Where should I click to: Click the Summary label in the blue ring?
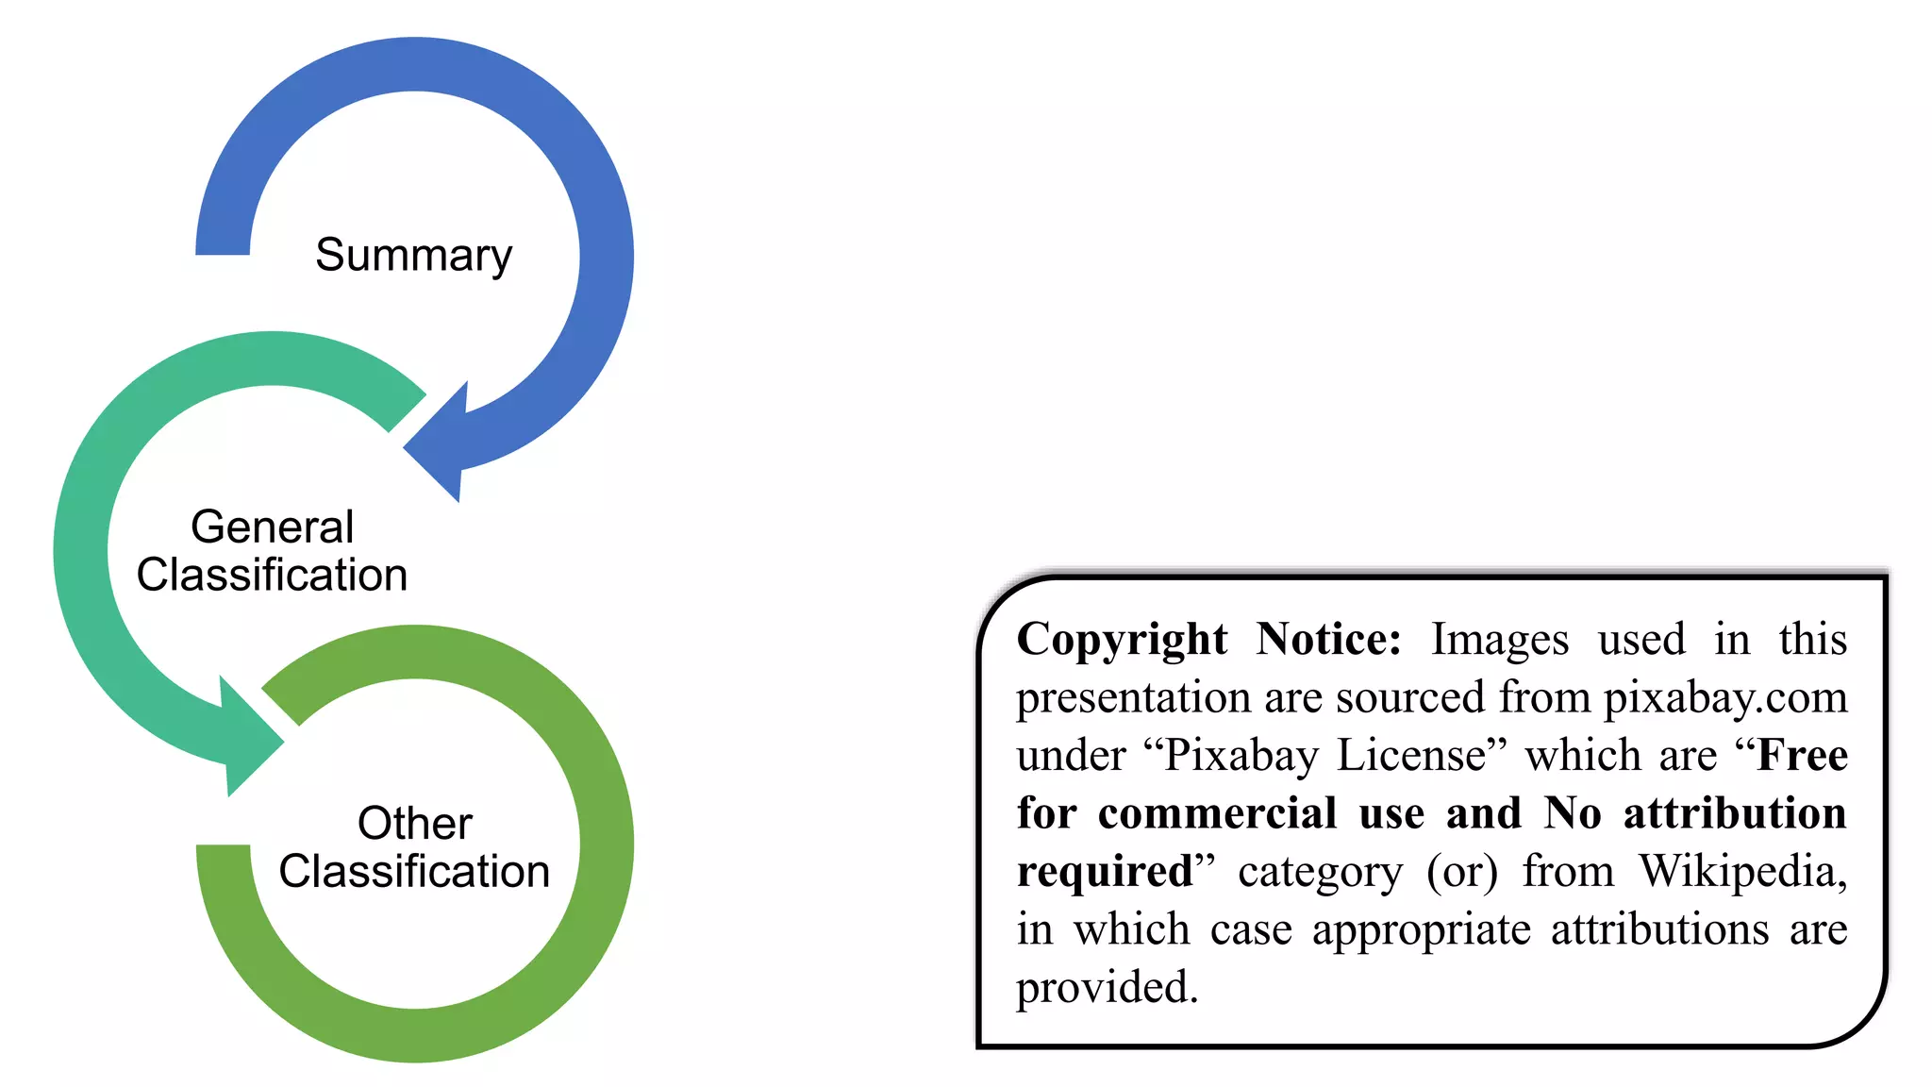[x=413, y=256]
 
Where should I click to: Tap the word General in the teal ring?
[x=273, y=527]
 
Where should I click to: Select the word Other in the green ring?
[x=415, y=823]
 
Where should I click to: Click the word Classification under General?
[x=272, y=575]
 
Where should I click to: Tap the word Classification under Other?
[x=414, y=871]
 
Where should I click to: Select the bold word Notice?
[x=1329, y=639]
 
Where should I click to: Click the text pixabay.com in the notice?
[x=1725, y=699]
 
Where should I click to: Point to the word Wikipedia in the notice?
[x=1742, y=873]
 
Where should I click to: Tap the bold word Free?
[x=1803, y=755]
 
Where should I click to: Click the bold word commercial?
[x=1217, y=813]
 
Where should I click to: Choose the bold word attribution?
[x=1735, y=813]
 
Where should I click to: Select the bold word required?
[x=1105, y=873]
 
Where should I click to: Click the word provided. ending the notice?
[x=1107, y=989]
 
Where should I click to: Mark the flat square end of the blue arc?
[x=223, y=253]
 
